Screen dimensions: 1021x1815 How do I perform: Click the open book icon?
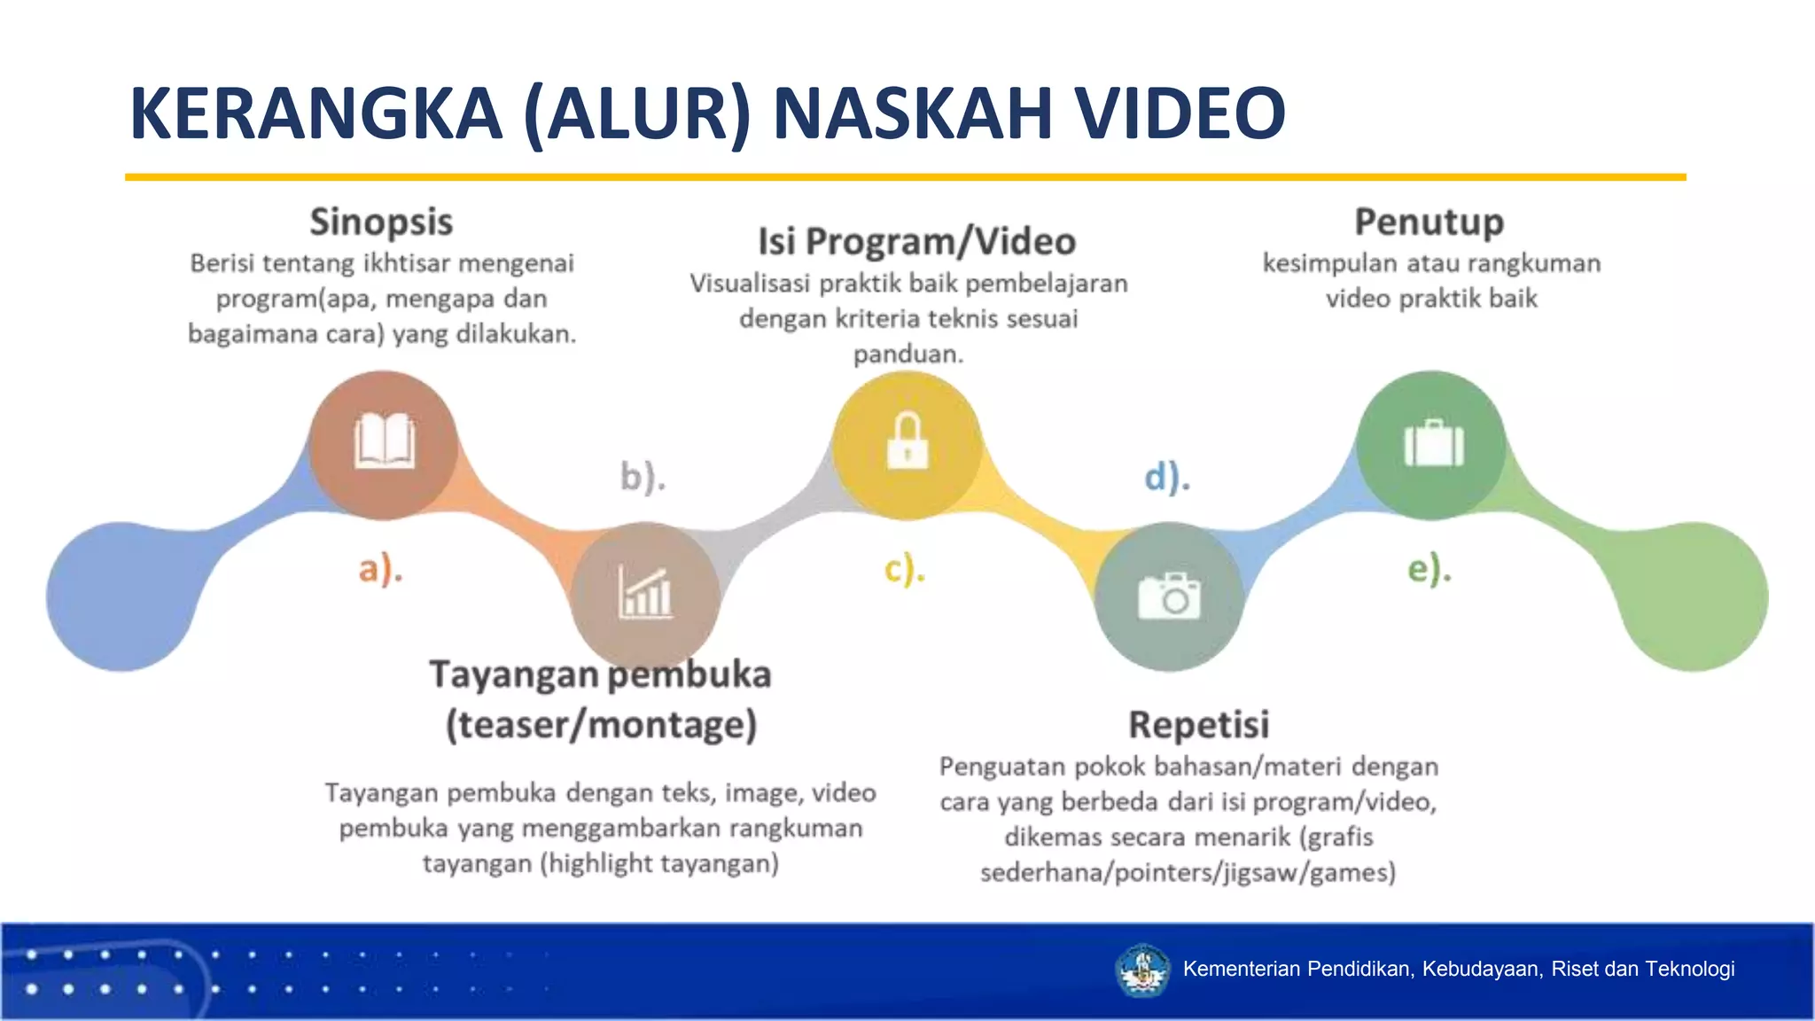tap(384, 440)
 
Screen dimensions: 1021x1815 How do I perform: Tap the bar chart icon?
tap(645, 593)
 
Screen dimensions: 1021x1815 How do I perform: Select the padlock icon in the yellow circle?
tap(907, 440)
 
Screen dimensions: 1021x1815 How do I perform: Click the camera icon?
tap(1170, 596)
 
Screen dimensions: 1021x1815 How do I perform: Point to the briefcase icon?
tap(1433, 442)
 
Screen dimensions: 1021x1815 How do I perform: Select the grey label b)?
tap(643, 477)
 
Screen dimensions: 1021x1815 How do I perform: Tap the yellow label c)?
tap(905, 568)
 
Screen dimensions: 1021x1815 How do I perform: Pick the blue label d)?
tap(1167, 477)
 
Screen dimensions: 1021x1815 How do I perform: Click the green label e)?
tap(1429, 568)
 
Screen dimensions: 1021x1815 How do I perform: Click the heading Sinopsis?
tap(381, 222)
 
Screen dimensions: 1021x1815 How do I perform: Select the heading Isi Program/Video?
tap(916, 241)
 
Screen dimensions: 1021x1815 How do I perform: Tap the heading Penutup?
tap(1429, 222)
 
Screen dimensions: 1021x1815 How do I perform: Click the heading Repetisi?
tap(1198, 725)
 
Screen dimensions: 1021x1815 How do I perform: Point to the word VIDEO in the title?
tap(1180, 113)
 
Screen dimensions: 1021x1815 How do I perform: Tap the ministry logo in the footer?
tap(1142, 970)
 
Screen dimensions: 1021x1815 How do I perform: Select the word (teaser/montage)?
tap(601, 725)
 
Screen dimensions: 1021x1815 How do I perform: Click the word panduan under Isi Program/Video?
tap(907, 355)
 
